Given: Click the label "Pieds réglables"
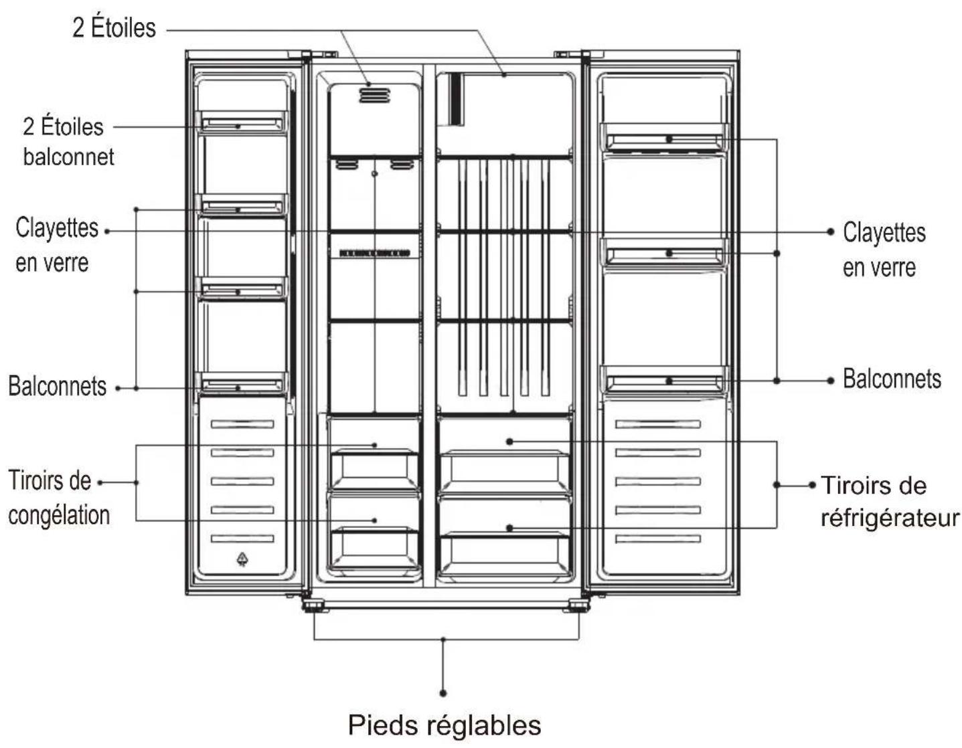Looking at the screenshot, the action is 444,725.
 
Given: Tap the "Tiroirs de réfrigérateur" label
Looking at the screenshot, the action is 890,502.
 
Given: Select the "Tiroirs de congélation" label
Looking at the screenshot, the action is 59,498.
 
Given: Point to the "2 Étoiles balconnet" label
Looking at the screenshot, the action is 68,142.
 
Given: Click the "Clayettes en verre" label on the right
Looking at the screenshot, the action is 884,250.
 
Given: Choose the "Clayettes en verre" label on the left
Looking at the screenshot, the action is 57,245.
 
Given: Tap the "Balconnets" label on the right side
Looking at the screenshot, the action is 892,379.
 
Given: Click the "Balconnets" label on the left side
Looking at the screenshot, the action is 57,386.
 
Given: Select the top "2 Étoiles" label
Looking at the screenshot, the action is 114,27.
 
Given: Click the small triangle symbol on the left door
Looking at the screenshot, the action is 242,559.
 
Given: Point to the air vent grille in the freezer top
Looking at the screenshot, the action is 374,95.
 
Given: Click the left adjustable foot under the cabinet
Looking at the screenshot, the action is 315,605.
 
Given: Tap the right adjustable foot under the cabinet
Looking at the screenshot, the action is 576,605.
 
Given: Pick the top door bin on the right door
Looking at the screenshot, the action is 664,138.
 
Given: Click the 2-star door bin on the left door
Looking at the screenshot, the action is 242,123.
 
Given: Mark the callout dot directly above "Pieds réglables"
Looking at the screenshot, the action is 443,692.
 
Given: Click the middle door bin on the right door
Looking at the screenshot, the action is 664,254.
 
